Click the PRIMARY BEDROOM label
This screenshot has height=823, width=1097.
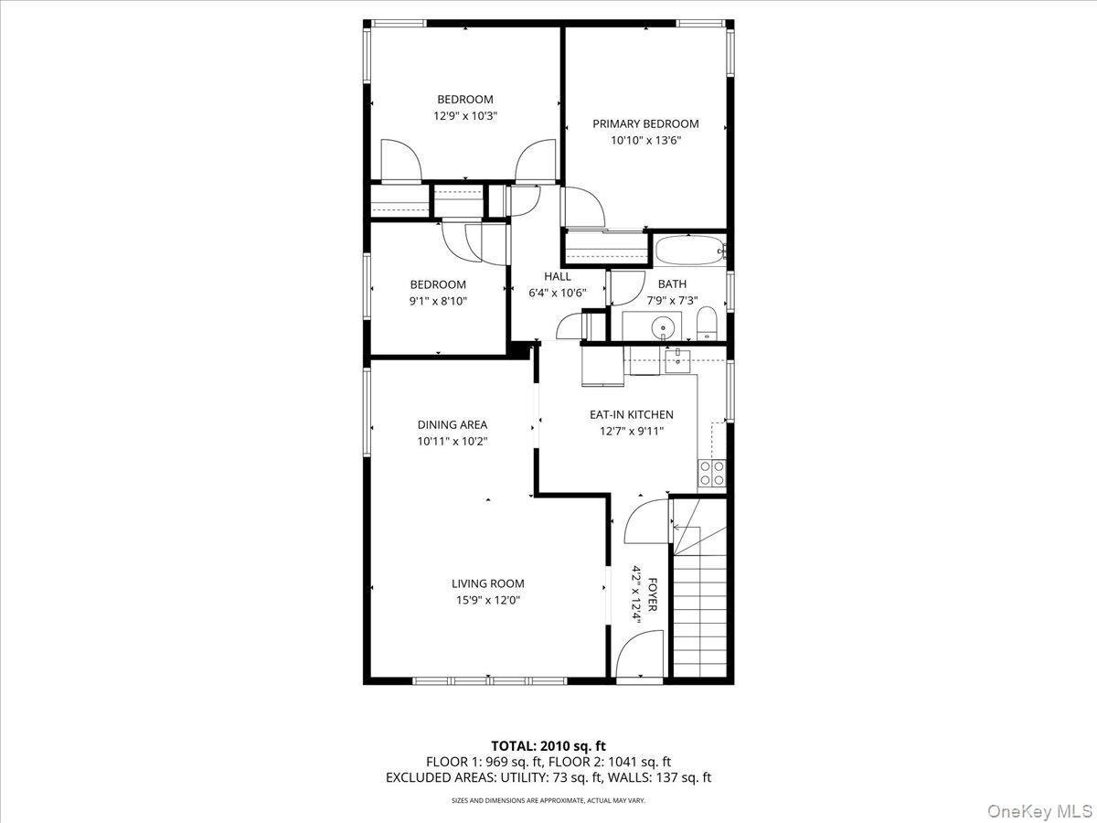pos(645,123)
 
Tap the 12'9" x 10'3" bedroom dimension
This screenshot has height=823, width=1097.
pos(464,116)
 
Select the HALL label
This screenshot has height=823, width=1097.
pos(557,276)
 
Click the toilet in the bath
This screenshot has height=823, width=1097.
pos(706,323)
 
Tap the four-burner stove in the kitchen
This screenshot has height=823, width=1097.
pos(712,473)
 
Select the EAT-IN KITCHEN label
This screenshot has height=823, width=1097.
pos(631,414)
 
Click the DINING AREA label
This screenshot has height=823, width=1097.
pos(452,424)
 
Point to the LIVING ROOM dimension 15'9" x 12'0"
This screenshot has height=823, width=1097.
pos(487,600)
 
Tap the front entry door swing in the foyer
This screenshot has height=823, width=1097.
pos(639,658)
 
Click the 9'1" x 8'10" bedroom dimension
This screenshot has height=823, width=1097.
pos(437,300)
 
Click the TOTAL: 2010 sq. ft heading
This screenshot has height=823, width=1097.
pos(548,745)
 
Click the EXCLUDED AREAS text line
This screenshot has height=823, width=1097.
pos(548,777)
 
